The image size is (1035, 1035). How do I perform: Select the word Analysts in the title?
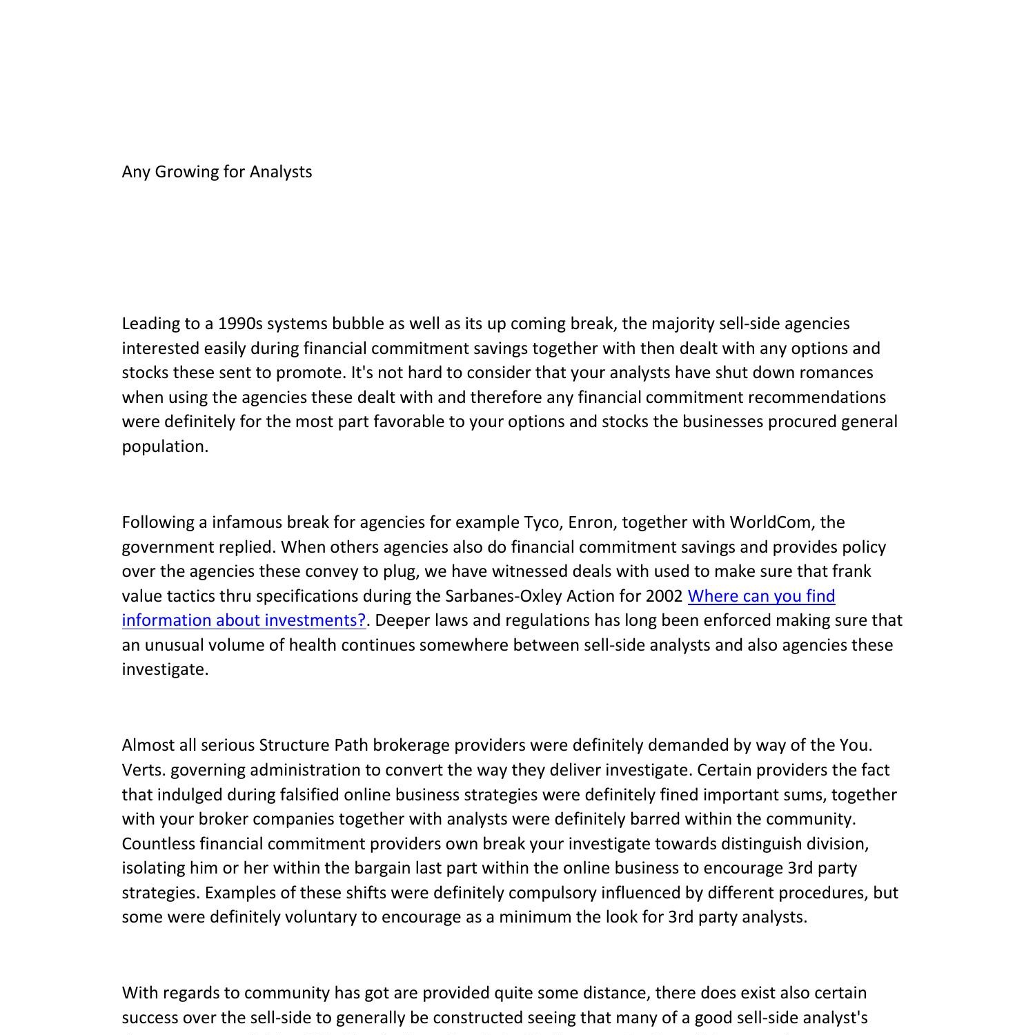point(281,172)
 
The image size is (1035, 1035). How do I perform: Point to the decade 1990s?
point(240,324)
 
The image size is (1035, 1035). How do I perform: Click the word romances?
point(838,373)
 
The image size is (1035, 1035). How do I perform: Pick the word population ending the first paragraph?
point(164,446)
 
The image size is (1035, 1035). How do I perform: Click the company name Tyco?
point(543,522)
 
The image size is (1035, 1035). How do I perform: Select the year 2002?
point(664,596)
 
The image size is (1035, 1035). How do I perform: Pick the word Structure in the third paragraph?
point(295,745)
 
